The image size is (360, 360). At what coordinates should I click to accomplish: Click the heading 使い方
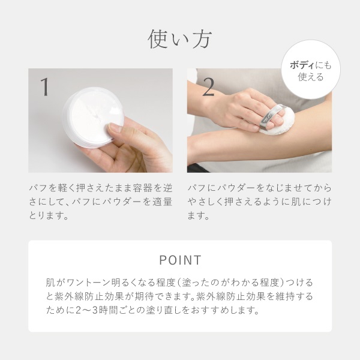pos(179,39)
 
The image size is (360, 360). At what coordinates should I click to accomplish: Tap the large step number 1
pos(45,87)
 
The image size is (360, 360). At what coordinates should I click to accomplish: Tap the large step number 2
pos(208,87)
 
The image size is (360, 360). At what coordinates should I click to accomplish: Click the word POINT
pos(180,260)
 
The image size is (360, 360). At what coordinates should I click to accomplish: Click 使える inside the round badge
pos(311,77)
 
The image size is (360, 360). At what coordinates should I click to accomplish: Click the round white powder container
pos(94,117)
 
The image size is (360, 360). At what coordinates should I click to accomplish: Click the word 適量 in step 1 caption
pos(164,202)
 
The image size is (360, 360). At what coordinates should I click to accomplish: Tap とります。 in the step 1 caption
pos(49,215)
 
